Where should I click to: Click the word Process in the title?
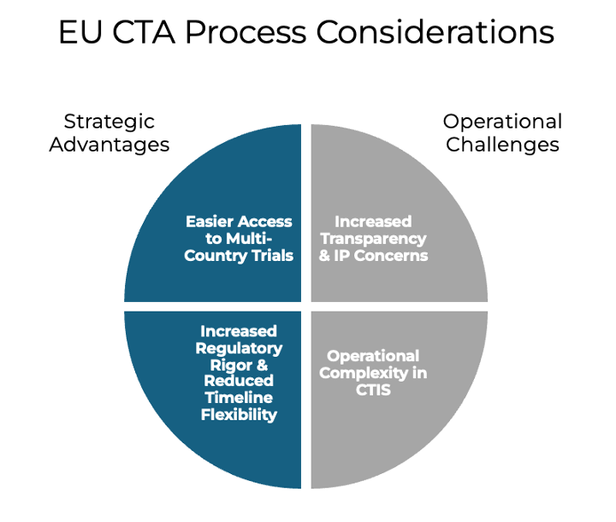point(246,33)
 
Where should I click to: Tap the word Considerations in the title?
point(435,32)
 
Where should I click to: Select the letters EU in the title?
point(80,32)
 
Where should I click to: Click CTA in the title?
point(144,32)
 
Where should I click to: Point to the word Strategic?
point(110,122)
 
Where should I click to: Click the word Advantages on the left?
point(110,145)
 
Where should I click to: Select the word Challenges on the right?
point(502,145)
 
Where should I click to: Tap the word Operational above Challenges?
point(502,122)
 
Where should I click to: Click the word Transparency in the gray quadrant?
point(373,239)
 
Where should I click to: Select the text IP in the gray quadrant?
point(341,256)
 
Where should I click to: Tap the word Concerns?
point(391,256)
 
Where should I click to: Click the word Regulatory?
point(239,348)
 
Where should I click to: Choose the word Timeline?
point(239,398)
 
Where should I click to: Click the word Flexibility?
point(239,415)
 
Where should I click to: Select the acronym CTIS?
point(373,390)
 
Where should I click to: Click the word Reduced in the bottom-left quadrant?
point(239,381)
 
